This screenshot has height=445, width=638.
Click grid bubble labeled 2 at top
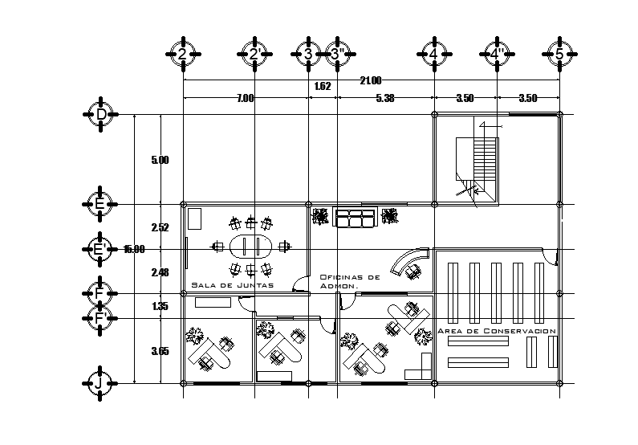pyautogui.click(x=183, y=54)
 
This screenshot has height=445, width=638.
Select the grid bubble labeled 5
pyautogui.click(x=559, y=54)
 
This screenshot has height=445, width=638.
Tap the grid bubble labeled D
pyautogui.click(x=101, y=115)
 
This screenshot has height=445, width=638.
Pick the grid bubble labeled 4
pyautogui.click(x=434, y=54)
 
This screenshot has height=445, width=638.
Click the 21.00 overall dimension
pyautogui.click(x=371, y=80)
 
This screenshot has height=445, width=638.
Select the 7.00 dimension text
pyautogui.click(x=245, y=98)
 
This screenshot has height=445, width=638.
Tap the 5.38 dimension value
pyautogui.click(x=385, y=98)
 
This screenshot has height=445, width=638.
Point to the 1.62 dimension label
pyautogui.click(x=323, y=85)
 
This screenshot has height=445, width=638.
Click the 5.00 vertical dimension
pyautogui.click(x=160, y=160)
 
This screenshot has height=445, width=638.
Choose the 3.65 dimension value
pyautogui.click(x=160, y=351)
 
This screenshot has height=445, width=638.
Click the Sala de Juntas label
pyautogui.click(x=232, y=285)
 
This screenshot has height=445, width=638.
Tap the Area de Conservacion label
pyautogui.click(x=497, y=331)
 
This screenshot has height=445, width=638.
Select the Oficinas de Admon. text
pyautogui.click(x=350, y=280)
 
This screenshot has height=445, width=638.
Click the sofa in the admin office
pyautogui.click(x=356, y=217)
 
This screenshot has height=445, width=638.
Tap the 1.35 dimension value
pyautogui.click(x=160, y=306)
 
